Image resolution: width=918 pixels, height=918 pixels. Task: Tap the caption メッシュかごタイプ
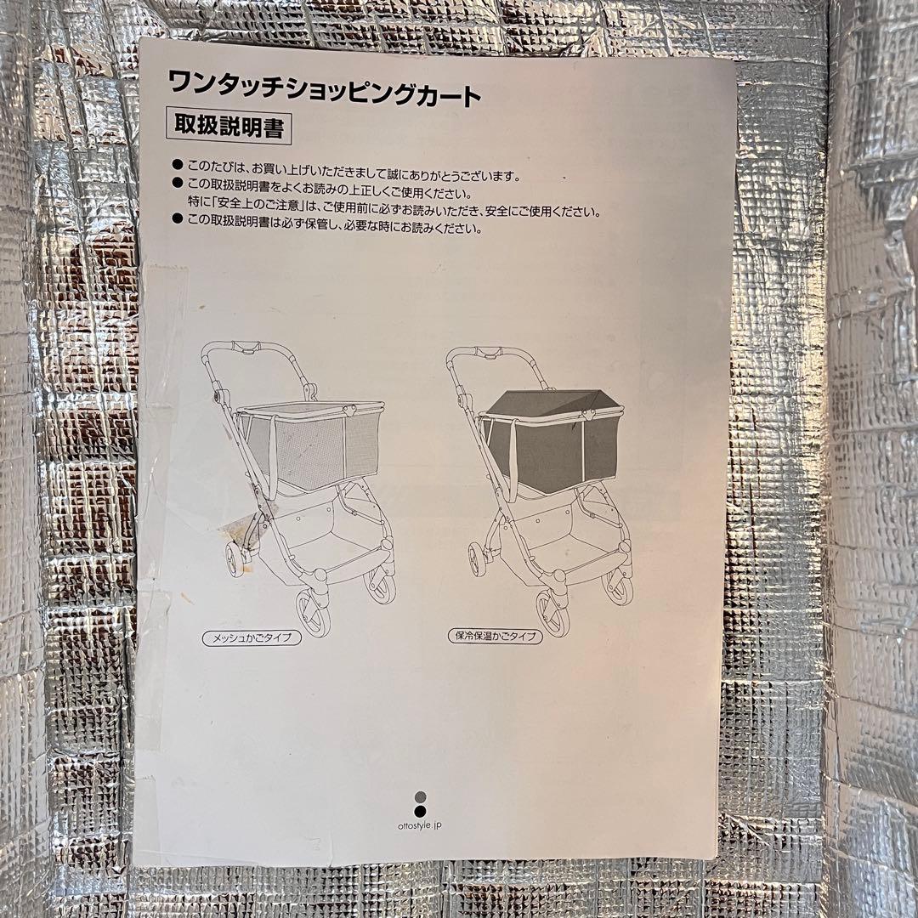coord(252,637)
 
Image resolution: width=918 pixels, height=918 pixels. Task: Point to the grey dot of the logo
coord(419,797)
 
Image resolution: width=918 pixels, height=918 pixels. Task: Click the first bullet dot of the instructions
coord(177,163)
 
